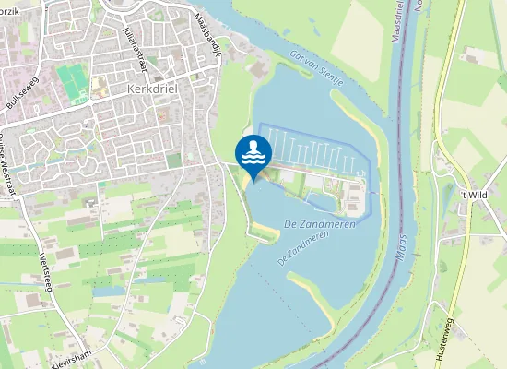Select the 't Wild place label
(473, 196)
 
